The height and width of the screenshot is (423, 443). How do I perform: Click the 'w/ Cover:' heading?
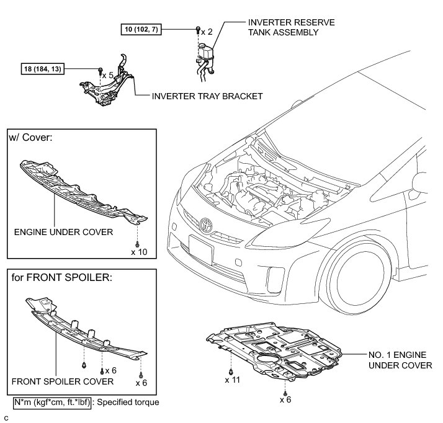30,136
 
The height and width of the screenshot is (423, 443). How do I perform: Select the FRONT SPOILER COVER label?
62,381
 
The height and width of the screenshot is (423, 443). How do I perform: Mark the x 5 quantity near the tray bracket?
109,74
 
